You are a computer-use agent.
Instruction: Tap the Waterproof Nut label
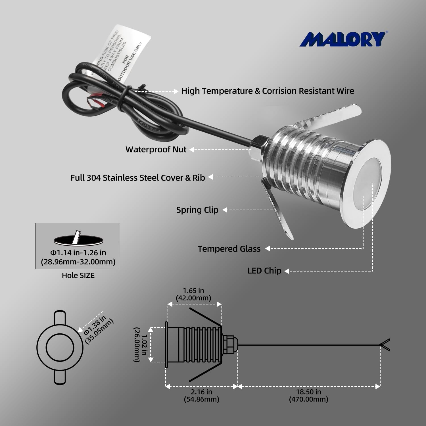click(156, 149)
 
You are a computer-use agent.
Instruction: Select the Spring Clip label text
click(197, 210)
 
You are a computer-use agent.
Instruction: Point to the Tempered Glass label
click(229, 249)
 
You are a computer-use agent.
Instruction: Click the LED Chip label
click(264, 271)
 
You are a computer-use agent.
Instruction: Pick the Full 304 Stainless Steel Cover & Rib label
click(138, 178)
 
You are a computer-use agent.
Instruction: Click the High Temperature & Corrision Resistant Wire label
click(268, 91)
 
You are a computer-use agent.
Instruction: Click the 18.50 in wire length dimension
click(308, 395)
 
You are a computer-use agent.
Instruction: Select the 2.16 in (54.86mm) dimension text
click(201, 395)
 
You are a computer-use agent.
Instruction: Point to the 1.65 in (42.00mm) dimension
click(193, 294)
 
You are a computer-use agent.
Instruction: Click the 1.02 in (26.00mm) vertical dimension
click(141, 344)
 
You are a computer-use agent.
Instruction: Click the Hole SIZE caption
click(78, 275)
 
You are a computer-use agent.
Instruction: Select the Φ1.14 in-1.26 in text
click(78, 252)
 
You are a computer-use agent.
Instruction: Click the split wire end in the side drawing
click(386, 345)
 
